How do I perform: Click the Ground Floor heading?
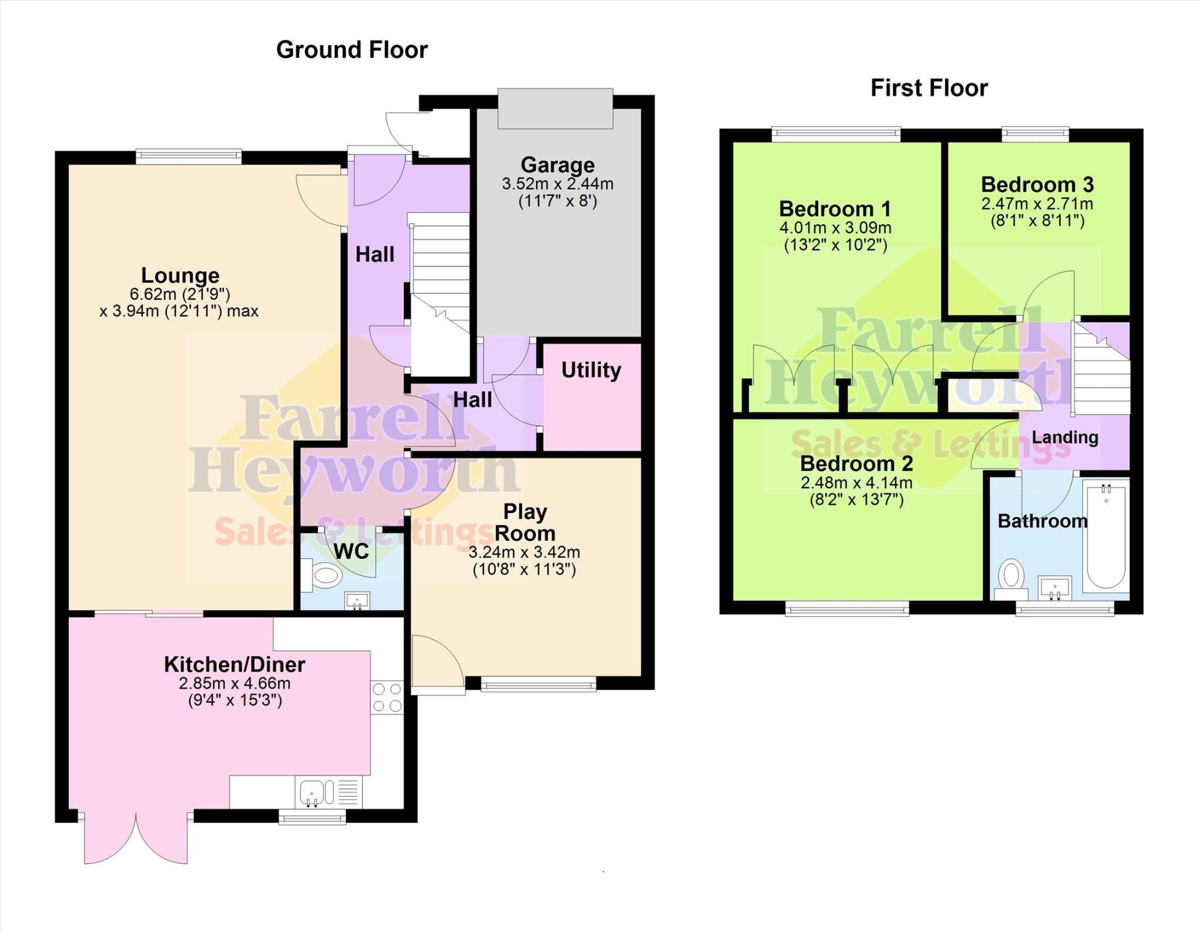(x=352, y=50)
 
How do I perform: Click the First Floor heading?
(x=929, y=88)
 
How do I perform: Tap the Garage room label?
(x=557, y=165)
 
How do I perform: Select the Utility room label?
(x=591, y=370)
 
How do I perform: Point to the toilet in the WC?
(x=323, y=574)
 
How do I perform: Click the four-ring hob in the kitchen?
(x=387, y=697)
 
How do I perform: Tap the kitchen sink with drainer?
(x=328, y=792)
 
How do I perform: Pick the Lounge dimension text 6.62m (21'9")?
(x=180, y=294)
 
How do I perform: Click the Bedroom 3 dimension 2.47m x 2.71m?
(x=1037, y=204)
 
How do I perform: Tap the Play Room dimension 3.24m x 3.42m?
(x=524, y=552)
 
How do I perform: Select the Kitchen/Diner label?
(x=234, y=665)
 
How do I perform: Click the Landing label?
(x=1064, y=438)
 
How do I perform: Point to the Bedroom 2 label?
(x=856, y=464)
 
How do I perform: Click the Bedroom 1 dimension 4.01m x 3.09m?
(x=835, y=228)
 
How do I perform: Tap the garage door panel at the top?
(x=555, y=108)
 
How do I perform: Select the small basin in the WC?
(x=357, y=600)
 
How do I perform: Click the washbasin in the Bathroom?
(x=1054, y=587)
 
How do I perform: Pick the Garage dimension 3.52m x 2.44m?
(x=557, y=184)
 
